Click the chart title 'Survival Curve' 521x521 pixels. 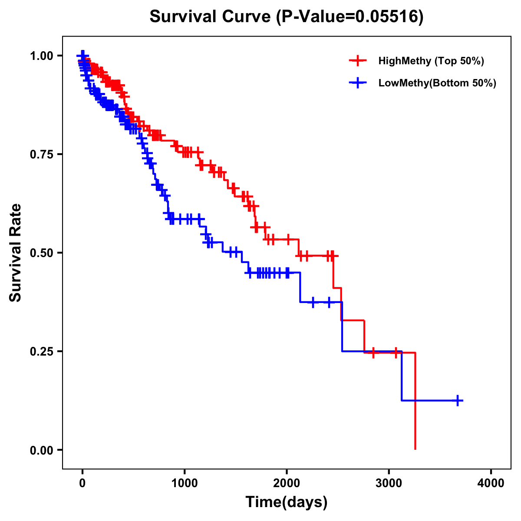[x=211, y=17]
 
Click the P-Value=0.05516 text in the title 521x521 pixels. [x=350, y=17]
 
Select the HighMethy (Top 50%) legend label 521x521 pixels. [x=431, y=61]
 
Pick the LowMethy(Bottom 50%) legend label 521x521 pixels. [x=437, y=83]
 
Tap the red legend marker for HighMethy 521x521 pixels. [x=358, y=61]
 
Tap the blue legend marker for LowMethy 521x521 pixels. [x=358, y=83]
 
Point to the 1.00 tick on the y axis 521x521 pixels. [x=41, y=56]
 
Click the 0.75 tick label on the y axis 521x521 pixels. [x=41, y=154]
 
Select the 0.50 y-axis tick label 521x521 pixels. [x=41, y=253]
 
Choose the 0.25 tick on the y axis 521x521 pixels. [x=41, y=351]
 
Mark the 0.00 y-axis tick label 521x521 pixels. [x=41, y=450]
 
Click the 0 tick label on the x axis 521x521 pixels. [x=82, y=483]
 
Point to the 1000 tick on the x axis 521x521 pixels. [x=185, y=483]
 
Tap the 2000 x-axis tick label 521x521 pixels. [x=287, y=483]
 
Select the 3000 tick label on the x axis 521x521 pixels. [x=389, y=483]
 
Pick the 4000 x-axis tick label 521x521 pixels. [x=491, y=483]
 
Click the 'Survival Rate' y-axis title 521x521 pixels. [x=16, y=253]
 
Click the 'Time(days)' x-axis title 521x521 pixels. [x=287, y=502]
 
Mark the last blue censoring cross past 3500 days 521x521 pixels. [x=458, y=400]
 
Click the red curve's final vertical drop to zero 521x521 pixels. [x=415, y=402]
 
